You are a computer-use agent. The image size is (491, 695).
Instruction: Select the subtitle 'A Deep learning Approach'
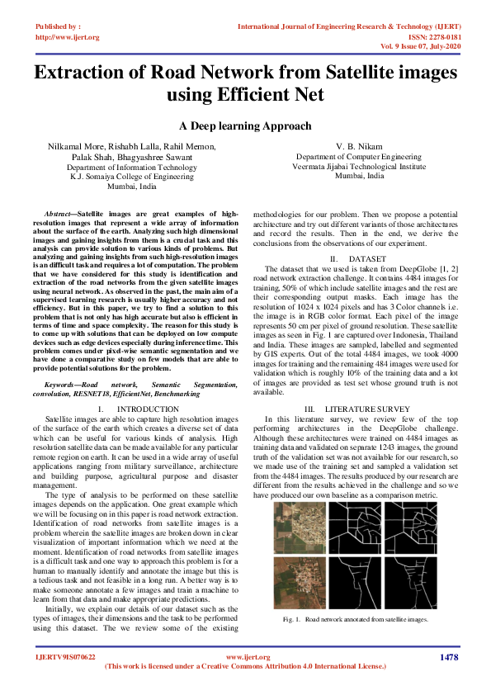pyautogui.click(x=245, y=126)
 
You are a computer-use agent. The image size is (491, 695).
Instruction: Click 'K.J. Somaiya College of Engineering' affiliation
pyautogui.click(x=131, y=177)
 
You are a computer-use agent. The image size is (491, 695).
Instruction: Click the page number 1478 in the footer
pyautogui.click(x=448, y=657)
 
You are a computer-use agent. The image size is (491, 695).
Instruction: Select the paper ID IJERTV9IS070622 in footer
pyautogui.click(x=65, y=657)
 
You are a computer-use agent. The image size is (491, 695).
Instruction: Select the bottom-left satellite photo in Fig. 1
pyautogui.click(x=295, y=580)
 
